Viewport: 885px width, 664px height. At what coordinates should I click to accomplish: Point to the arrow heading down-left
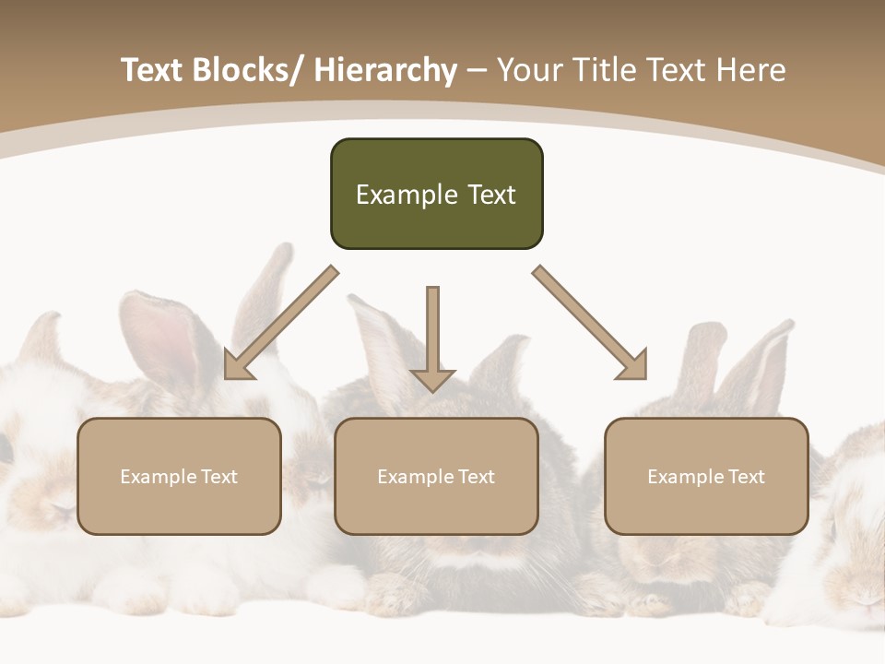tap(281, 323)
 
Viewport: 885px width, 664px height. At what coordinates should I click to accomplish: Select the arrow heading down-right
tap(590, 323)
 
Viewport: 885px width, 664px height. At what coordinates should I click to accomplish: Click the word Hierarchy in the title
tap(385, 70)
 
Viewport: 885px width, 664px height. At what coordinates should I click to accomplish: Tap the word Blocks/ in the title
tap(246, 70)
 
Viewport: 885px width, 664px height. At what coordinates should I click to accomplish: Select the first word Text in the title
tap(153, 70)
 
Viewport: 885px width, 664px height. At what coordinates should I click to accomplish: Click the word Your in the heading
tap(529, 70)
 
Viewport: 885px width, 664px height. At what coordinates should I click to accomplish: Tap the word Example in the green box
tap(407, 195)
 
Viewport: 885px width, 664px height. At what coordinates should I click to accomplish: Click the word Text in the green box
tap(491, 195)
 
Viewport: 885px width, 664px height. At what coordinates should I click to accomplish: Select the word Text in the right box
tap(746, 477)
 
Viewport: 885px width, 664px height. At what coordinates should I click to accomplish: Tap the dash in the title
tap(477, 70)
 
